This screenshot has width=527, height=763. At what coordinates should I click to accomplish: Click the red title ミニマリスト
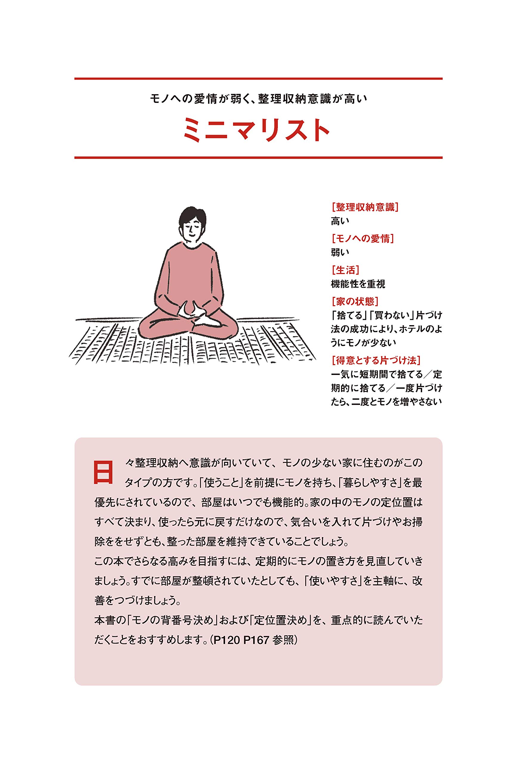click(x=257, y=131)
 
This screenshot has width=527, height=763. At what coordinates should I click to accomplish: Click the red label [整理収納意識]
click(x=365, y=207)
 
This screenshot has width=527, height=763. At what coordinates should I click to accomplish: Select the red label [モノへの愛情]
click(x=362, y=238)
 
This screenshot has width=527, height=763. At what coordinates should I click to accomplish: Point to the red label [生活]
click(x=345, y=270)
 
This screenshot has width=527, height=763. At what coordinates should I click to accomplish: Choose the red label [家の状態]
click(x=355, y=301)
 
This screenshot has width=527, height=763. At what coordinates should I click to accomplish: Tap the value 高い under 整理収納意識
click(x=340, y=221)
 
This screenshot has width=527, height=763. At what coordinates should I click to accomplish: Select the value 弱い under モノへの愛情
click(x=340, y=252)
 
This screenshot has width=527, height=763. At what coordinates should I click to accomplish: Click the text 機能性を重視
click(x=358, y=284)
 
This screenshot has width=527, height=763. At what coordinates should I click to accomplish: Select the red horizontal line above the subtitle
click(x=258, y=79)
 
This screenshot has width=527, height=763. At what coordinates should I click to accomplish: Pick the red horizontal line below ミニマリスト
click(x=258, y=158)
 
